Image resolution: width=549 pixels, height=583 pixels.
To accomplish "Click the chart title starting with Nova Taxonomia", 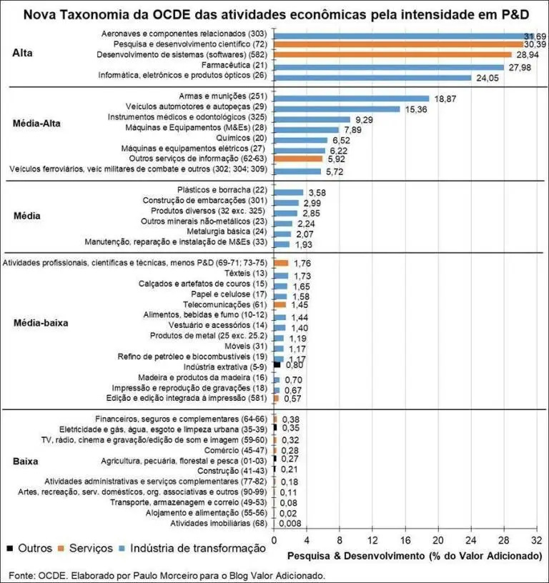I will coord(274,14).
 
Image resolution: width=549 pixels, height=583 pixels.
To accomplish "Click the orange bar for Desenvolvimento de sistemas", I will coord(392,54).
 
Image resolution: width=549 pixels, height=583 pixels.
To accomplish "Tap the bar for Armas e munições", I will coord(352,98).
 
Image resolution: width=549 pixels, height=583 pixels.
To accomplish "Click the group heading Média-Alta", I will coord(38,123).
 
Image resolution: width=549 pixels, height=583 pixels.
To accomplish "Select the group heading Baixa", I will coord(26,462).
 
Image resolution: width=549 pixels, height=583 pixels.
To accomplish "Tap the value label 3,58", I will coord(317,193).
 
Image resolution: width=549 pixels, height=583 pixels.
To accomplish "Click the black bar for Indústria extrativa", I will coord(277,364).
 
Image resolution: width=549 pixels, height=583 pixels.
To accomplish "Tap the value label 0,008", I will coord(293,524).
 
